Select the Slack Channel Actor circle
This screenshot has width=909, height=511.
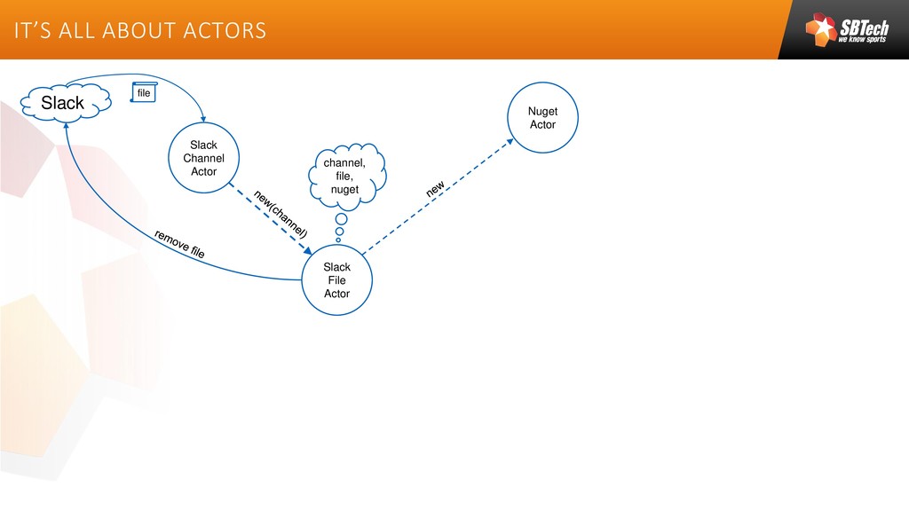pyautogui.click(x=203, y=158)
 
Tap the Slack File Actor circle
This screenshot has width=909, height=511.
pyautogui.click(x=336, y=279)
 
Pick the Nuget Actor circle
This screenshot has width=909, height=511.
pyautogui.click(x=542, y=118)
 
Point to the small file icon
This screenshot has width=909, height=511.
pyautogui.click(x=144, y=92)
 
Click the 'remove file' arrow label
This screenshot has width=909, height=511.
pyautogui.click(x=179, y=244)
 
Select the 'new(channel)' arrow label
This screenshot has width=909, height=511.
pyautogui.click(x=281, y=213)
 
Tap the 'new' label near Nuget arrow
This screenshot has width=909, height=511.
pyautogui.click(x=434, y=190)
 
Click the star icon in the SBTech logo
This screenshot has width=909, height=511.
pyautogui.click(x=821, y=28)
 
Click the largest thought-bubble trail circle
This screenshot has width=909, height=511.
pyautogui.click(x=341, y=219)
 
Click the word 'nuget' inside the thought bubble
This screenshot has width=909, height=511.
pyautogui.click(x=344, y=190)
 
